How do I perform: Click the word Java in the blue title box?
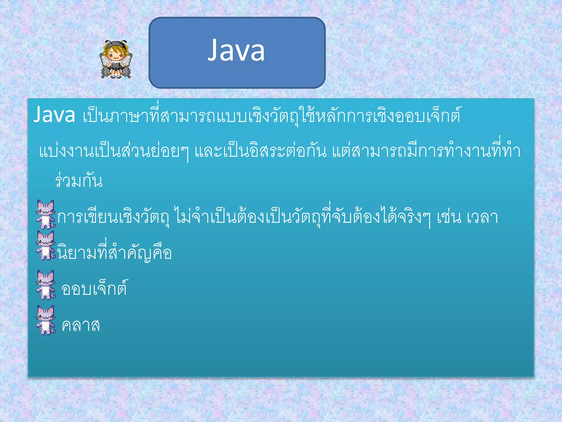click(236, 51)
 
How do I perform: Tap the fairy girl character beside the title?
click(116, 59)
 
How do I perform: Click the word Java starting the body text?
click(54, 115)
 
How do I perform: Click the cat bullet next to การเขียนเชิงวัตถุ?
click(46, 215)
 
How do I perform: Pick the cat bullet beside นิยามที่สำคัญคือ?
click(46, 245)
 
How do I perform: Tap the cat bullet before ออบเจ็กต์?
click(46, 285)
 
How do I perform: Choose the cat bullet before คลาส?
click(46, 320)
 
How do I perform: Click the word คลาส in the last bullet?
click(81, 326)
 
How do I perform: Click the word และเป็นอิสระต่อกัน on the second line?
click(261, 151)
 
